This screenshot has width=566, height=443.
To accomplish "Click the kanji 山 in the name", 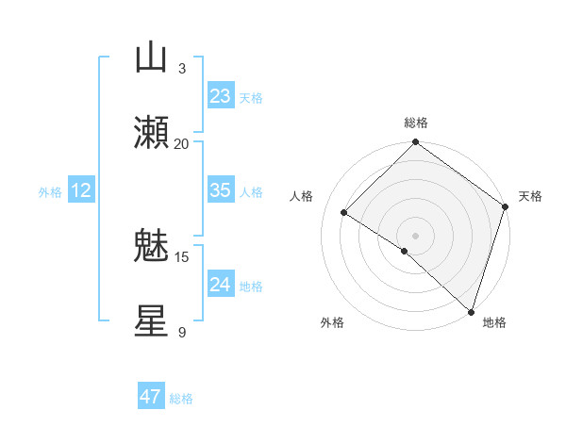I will tap(151, 58).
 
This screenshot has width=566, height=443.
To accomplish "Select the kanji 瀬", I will tap(151, 133).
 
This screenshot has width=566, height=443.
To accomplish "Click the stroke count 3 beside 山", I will tap(182, 68).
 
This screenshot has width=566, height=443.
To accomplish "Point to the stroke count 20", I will tap(182, 143).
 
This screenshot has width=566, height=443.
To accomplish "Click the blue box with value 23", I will tap(220, 96).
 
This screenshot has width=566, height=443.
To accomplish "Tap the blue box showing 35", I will tap(220, 190).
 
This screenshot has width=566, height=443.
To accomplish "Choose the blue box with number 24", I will tap(220, 285).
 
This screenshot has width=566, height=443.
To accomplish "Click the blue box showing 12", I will tap(81, 190).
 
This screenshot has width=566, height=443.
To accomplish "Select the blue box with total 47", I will tap(151, 397).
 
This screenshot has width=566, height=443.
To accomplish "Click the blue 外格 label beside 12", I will tap(50, 192).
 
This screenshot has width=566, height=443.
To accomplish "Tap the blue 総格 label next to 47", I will tap(181, 399).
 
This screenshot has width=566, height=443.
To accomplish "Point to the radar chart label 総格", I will tap(415, 123).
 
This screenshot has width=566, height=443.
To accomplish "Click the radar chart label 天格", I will tap(530, 196).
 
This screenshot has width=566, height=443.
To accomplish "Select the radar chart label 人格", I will tap(301, 196).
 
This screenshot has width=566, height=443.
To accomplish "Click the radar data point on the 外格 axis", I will tap(405, 251).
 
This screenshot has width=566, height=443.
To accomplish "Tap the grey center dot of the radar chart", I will tap(415, 235).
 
